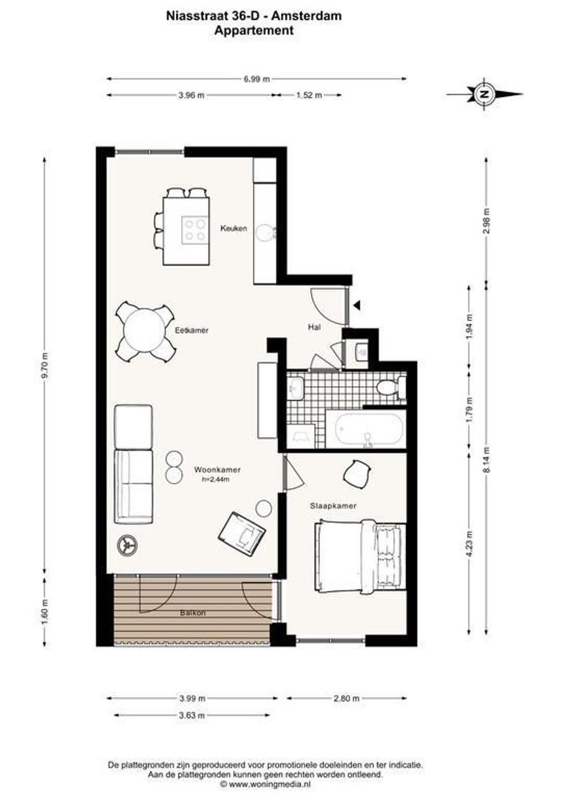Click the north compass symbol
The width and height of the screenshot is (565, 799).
point(484,94)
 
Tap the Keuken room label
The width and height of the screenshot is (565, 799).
point(233,229)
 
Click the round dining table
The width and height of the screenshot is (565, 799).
point(144,331)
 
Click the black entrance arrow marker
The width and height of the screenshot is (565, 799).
point(357,305)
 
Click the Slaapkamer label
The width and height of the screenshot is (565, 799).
point(334,506)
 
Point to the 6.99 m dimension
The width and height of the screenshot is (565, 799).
point(257,78)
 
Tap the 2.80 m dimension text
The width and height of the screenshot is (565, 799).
point(346,698)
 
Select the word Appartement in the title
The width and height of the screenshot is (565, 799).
point(254,31)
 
